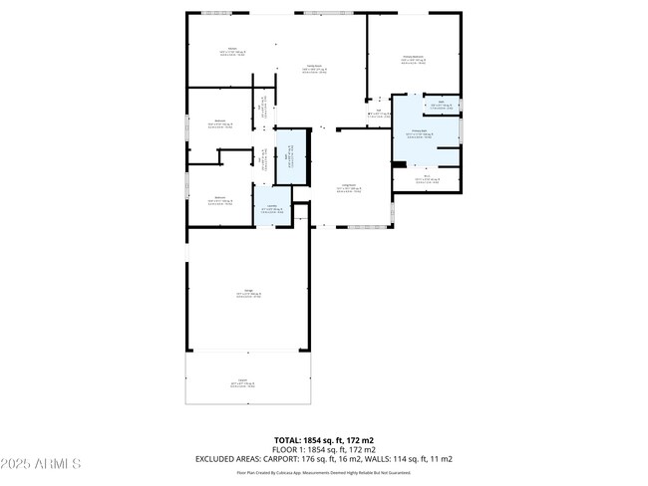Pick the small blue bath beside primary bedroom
441,104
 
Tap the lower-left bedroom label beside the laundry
219,199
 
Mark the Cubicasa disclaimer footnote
323,473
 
